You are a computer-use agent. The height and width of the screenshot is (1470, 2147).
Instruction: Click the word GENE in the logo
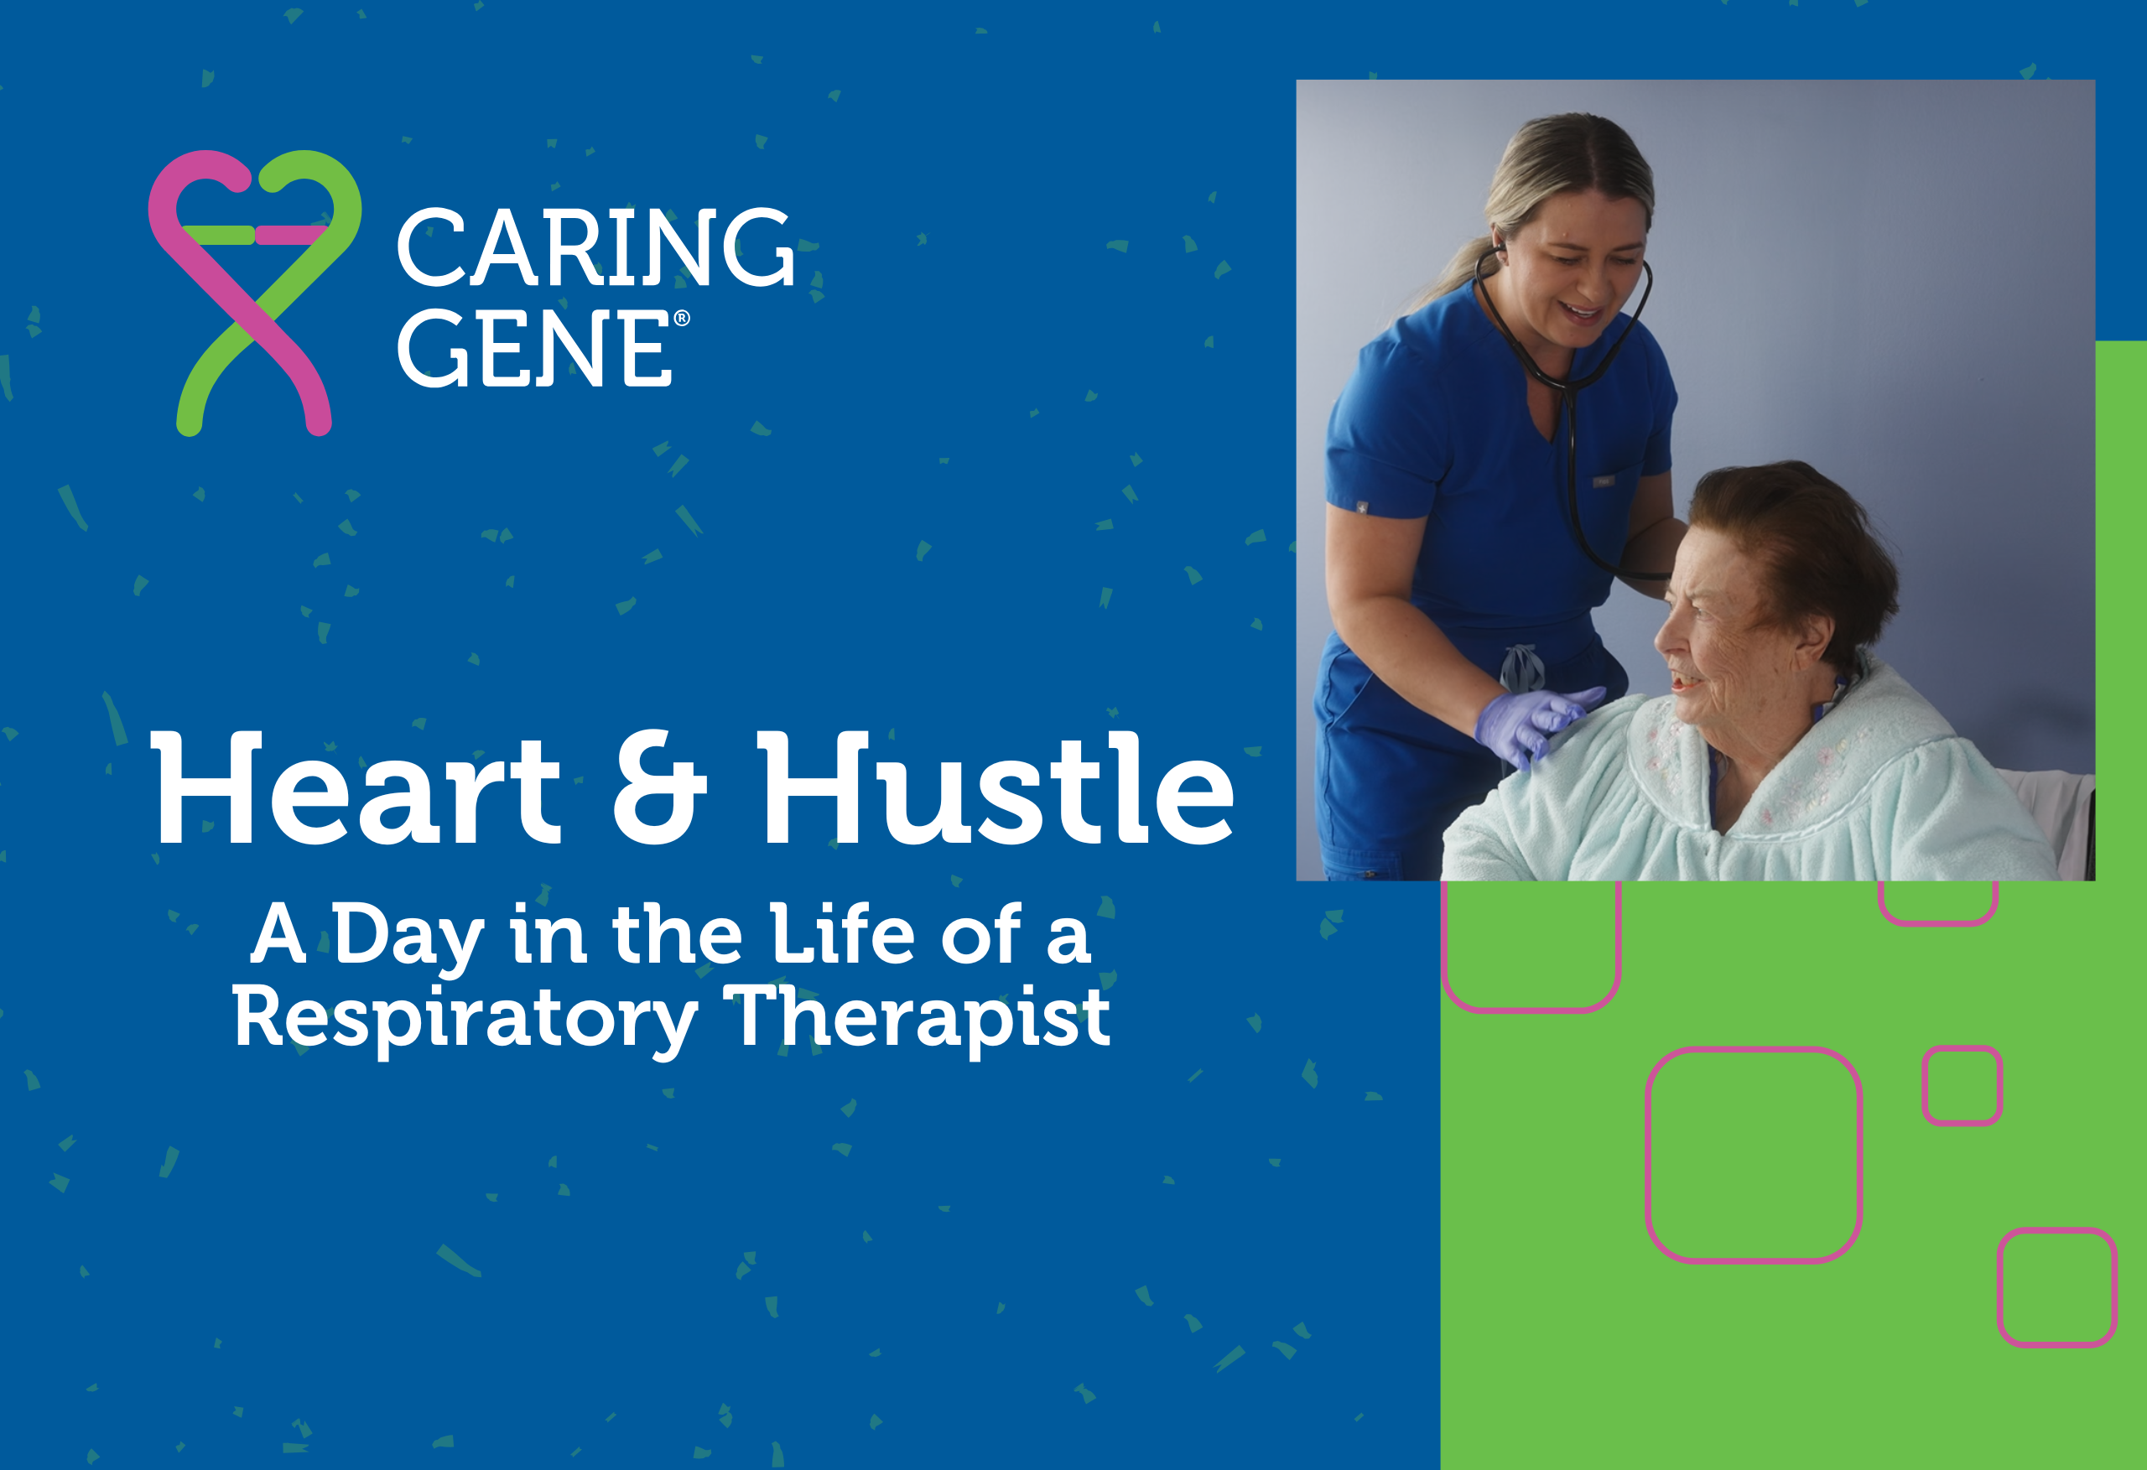[x=535, y=347]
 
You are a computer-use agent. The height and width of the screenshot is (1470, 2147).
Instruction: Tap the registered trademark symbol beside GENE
[x=682, y=319]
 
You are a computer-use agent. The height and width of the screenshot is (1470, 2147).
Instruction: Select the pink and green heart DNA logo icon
[x=255, y=292]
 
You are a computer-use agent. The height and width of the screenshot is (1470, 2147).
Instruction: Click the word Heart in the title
[x=356, y=787]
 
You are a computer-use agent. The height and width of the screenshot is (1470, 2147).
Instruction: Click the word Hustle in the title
[x=995, y=787]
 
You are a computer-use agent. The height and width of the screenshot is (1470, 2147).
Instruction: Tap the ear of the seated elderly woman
[x=1812, y=635]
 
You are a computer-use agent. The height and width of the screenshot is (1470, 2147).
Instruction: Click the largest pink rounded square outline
[x=1754, y=1155]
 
